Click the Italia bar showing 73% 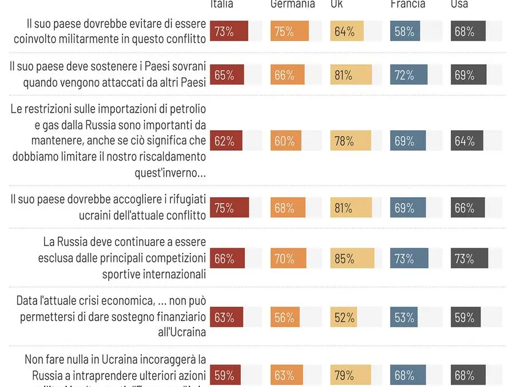click(229, 32)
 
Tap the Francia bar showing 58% click(405, 32)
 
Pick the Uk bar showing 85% click(352, 259)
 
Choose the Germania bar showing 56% click(285, 317)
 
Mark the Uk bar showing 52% click(343, 317)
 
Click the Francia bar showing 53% click(403, 317)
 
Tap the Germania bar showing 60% click(286, 141)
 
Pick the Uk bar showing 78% click(350, 141)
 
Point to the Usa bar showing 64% click(467, 141)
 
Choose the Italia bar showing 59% click(225, 376)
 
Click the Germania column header click(292, 4)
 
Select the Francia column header click(408, 4)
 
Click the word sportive click(122, 273)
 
